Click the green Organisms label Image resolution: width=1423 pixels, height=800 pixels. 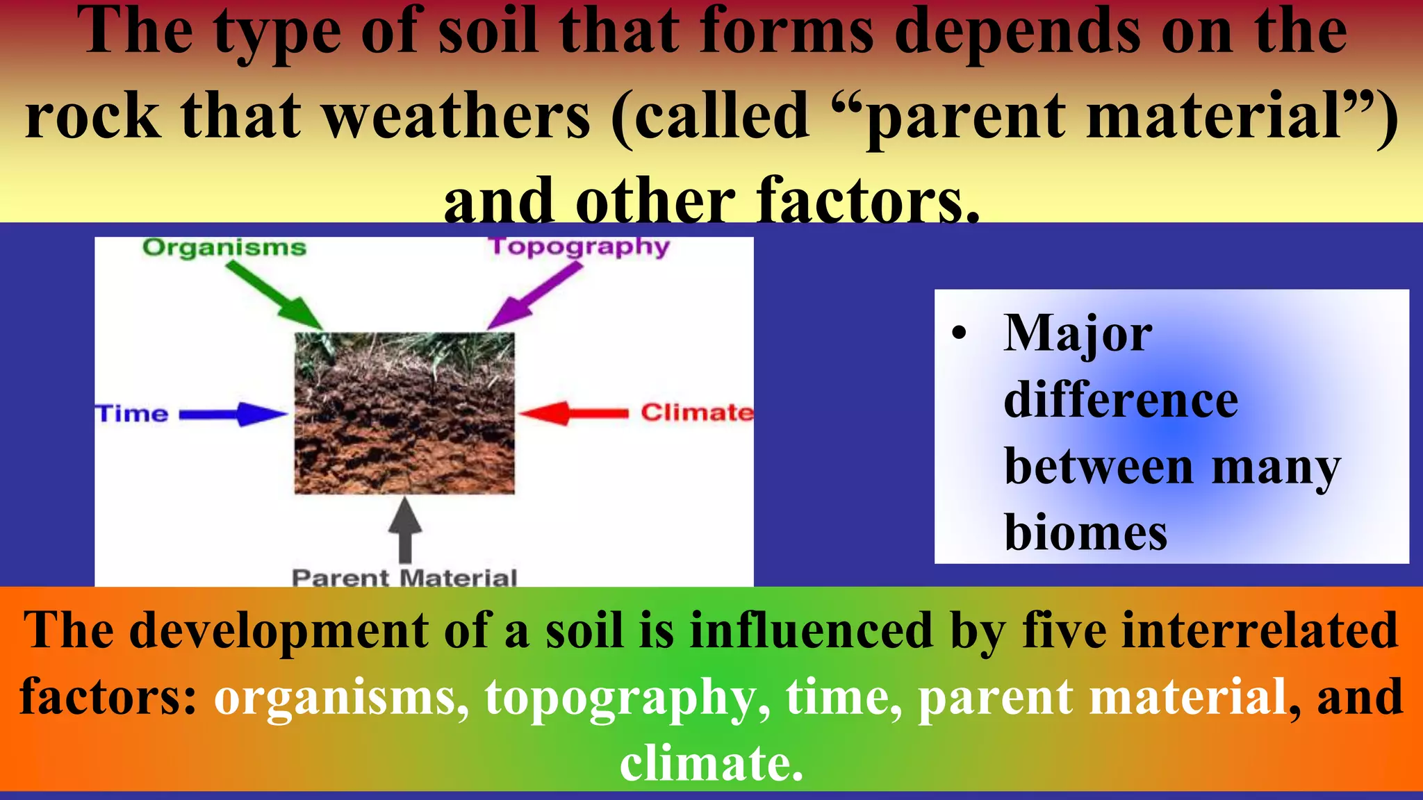coord(224,248)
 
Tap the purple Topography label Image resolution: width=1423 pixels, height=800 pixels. coord(580,247)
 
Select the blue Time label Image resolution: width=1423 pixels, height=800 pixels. coord(132,414)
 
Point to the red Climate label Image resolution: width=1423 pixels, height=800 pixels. coord(697,412)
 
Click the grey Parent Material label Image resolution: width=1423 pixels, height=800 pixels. coord(404,578)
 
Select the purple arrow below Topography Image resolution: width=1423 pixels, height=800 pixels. coord(533,296)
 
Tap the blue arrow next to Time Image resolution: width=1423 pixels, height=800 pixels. coord(233,415)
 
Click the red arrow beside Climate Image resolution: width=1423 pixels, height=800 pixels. coord(574,413)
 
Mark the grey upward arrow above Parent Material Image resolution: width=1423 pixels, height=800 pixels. coord(404,529)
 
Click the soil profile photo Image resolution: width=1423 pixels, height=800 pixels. coord(404,413)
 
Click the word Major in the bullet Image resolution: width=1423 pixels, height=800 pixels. coord(1078,334)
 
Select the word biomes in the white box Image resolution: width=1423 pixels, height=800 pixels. coord(1085,533)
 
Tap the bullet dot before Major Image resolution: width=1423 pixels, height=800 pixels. coord(960,333)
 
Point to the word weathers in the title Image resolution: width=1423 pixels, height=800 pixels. coord(457,116)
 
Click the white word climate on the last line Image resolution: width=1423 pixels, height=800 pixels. coord(711,762)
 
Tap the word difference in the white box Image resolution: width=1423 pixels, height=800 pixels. coord(1121,401)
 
